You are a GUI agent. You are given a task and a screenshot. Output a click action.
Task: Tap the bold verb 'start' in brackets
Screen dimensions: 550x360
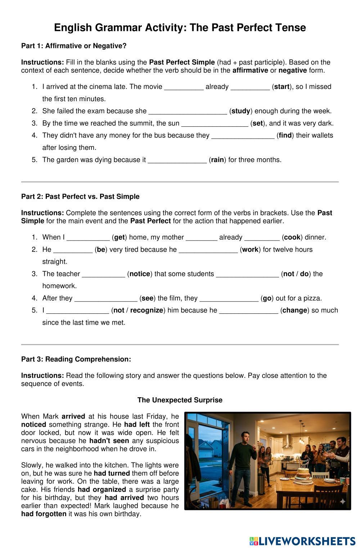(x=282, y=87)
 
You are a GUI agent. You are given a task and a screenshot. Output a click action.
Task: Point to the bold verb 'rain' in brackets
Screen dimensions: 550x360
(x=217, y=160)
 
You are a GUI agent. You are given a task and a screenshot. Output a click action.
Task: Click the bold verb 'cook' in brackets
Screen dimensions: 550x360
(x=292, y=237)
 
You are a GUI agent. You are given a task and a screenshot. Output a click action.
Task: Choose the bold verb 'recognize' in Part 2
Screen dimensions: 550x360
(x=147, y=310)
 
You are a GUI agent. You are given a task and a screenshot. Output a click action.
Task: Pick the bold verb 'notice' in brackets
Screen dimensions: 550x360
(x=140, y=274)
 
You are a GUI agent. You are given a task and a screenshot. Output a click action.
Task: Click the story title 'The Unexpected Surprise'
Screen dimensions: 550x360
(x=180, y=400)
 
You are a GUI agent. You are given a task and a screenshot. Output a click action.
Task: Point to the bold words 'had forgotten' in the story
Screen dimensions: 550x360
(x=44, y=514)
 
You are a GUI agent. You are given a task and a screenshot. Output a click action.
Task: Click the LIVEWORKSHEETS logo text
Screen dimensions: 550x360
(x=307, y=541)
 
